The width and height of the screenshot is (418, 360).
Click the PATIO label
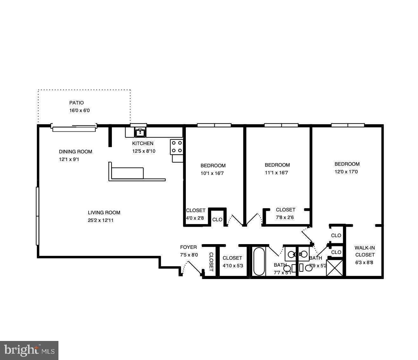click(77, 103)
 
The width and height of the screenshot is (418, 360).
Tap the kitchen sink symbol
click(140, 132)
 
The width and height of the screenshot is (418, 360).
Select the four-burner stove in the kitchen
click(177, 147)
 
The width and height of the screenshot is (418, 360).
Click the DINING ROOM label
click(76, 152)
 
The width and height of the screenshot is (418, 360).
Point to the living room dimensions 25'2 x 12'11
click(101, 220)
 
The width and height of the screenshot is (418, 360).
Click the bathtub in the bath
click(259, 262)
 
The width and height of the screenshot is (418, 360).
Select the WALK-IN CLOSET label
click(365, 251)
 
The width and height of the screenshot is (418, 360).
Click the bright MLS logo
click(29, 350)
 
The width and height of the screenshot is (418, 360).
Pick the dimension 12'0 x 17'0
click(347, 172)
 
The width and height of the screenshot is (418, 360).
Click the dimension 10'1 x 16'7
click(212, 173)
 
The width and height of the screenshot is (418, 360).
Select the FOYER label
click(188, 247)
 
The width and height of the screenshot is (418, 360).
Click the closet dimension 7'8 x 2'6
click(285, 217)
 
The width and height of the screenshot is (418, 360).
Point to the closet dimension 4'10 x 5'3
click(233, 266)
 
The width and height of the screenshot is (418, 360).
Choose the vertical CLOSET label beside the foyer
click(211, 262)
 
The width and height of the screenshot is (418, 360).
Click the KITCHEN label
click(143, 143)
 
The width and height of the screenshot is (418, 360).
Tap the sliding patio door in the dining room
click(74, 129)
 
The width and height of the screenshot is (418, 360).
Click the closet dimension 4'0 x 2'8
click(195, 218)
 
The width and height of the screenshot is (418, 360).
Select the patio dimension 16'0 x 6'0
click(77, 111)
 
